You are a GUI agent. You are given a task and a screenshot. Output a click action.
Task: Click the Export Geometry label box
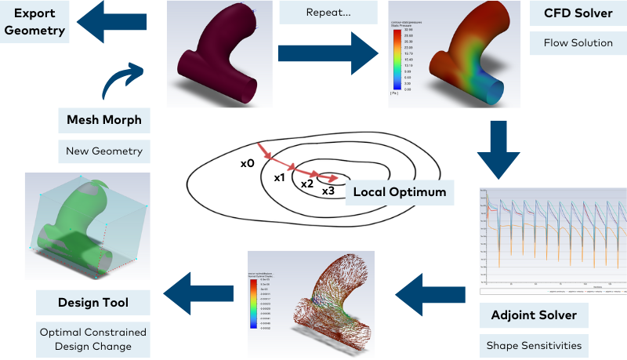pos(34,22)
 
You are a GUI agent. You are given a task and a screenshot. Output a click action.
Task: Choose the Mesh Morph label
pos(104,121)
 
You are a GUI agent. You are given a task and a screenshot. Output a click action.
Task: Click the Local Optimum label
pos(399,191)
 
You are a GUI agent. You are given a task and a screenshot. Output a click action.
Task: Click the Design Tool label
pos(92,302)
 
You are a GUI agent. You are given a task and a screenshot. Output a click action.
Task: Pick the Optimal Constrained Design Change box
pos(92,338)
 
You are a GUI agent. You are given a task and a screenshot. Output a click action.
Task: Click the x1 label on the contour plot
pos(278,178)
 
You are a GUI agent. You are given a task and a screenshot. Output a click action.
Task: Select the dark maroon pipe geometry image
pos(220,54)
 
